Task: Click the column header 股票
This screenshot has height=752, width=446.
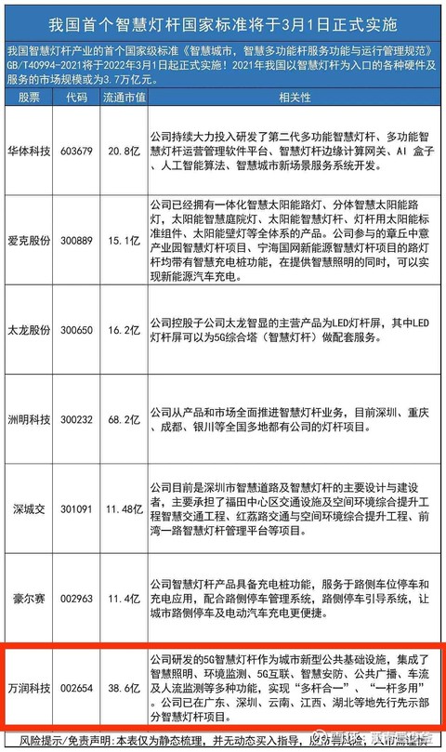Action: pos(28,97)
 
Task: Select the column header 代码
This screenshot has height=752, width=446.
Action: pos(76,97)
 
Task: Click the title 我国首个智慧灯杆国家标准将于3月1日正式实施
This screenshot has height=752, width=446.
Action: pos(223,21)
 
